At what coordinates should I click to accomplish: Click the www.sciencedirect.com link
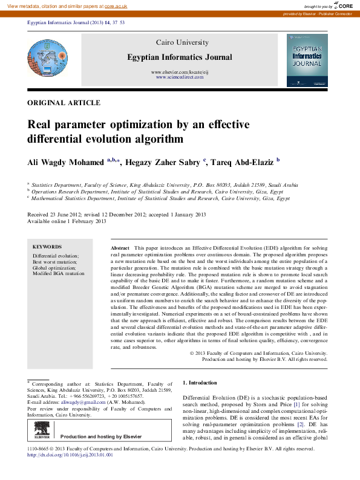[178, 77]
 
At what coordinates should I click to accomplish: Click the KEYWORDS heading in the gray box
[47, 247]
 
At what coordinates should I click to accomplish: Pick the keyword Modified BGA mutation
[59, 274]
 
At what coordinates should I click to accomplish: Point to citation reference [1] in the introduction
[296, 404]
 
